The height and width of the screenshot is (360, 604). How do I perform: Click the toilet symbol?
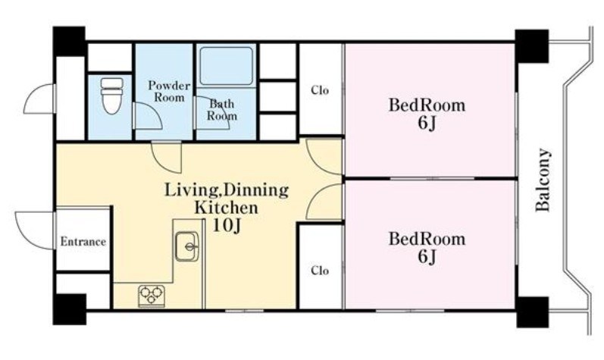click(x=111, y=95)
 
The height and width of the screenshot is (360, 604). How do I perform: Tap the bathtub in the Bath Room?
click(x=227, y=66)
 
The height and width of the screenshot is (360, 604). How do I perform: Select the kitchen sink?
click(x=187, y=247)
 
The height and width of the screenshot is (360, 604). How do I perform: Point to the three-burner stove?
click(x=152, y=296)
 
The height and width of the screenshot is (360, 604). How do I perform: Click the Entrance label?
click(x=83, y=242)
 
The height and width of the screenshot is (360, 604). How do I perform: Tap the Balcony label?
click(x=543, y=180)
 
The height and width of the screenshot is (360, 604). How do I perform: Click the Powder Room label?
click(x=169, y=91)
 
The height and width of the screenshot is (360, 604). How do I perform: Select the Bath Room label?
click(x=222, y=110)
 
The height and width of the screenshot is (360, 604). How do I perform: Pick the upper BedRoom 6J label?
click(x=427, y=114)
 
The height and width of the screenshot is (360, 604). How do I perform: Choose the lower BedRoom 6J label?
click(x=427, y=248)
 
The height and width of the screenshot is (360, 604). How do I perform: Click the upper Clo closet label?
click(x=320, y=90)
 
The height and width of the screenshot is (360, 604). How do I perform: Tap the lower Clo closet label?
click(x=320, y=271)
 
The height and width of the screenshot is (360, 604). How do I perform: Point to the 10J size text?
click(x=227, y=226)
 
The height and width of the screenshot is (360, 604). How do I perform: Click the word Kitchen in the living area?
click(x=226, y=208)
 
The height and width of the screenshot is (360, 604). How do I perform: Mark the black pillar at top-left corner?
click(x=69, y=41)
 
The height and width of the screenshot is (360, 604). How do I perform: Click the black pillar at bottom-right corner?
click(x=532, y=311)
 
